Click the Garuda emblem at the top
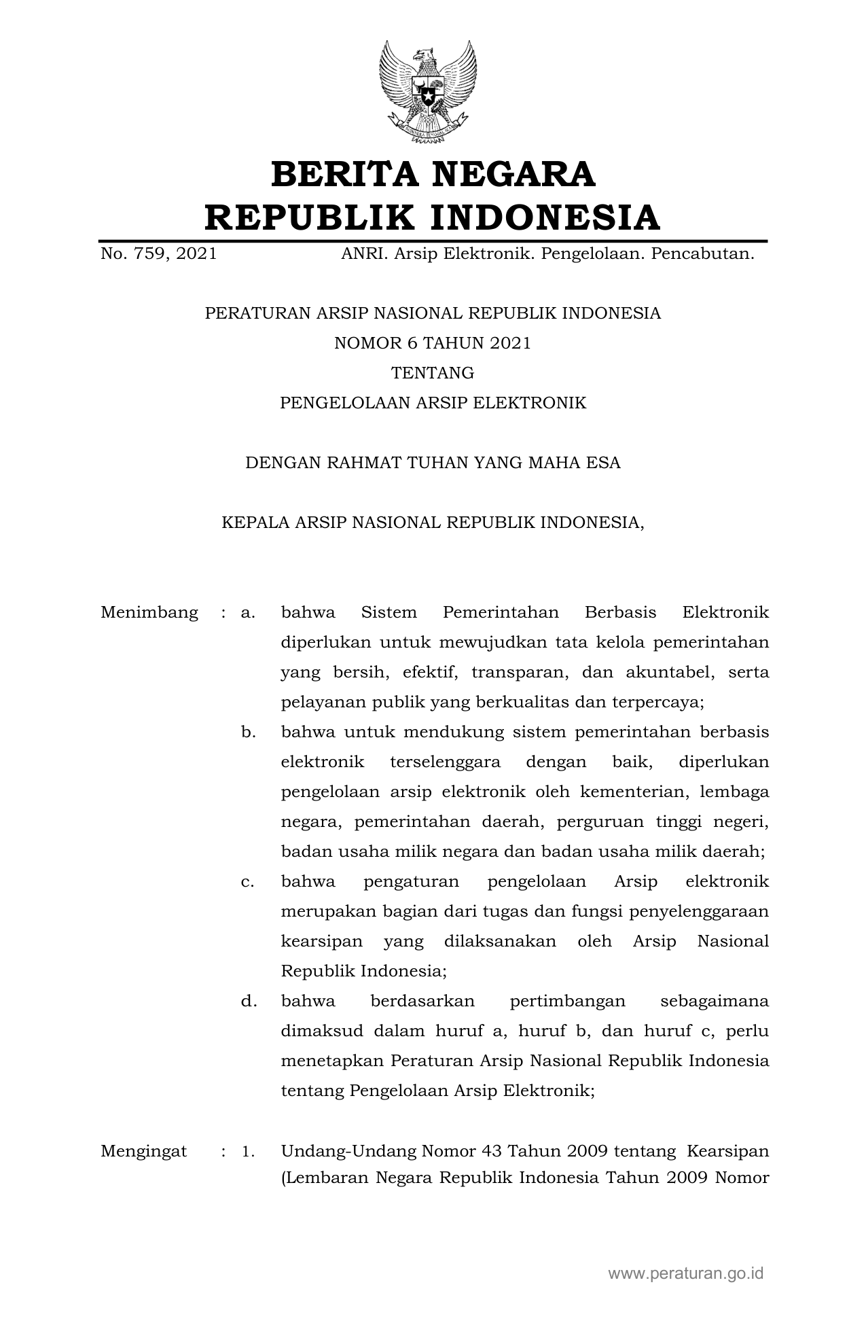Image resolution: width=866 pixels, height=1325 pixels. pos(427,91)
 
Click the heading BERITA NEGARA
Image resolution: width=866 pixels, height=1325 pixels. pos(433,174)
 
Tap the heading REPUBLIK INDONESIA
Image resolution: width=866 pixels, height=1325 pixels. pos(433,217)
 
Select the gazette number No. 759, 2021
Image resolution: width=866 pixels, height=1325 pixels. pos(159,254)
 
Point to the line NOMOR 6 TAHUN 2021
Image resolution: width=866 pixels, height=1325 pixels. pos(433,343)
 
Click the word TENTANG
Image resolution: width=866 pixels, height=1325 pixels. pos(433,373)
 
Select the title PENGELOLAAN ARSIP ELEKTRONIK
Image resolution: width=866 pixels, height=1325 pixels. pos(433,403)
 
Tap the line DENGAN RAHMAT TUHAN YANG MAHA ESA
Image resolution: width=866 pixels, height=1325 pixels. pos(433,463)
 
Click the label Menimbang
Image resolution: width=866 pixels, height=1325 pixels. pos(149,613)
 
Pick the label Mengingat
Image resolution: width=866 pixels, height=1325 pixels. pos(144,1151)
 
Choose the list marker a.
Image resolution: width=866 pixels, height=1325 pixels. pos(248,613)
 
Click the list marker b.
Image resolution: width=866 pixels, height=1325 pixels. pos(248,732)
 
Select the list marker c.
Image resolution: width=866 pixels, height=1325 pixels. pos(248,882)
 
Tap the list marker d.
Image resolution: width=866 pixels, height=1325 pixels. pos(248,1002)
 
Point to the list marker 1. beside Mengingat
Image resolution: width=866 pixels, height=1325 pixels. pos(248,1151)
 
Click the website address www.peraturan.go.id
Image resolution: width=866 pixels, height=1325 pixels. pos(686,1273)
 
